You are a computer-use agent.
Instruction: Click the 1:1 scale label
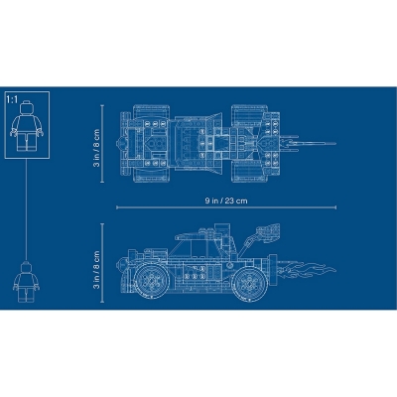(x=12, y=100)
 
